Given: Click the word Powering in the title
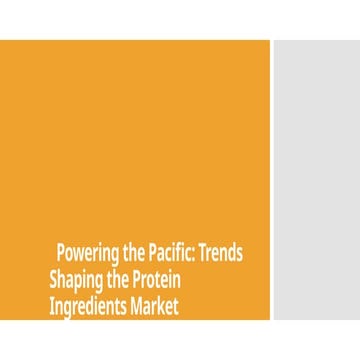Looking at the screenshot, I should (x=88, y=252).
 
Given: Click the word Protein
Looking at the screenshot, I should (x=154, y=279).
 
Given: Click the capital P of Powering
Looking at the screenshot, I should (x=61, y=252).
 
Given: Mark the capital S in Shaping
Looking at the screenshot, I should (x=53, y=279).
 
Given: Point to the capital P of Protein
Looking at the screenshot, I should (x=136, y=279).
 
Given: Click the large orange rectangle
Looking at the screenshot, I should (x=135, y=140).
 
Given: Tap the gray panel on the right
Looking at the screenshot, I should (x=316, y=180).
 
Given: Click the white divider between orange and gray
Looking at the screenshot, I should (x=272, y=180).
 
